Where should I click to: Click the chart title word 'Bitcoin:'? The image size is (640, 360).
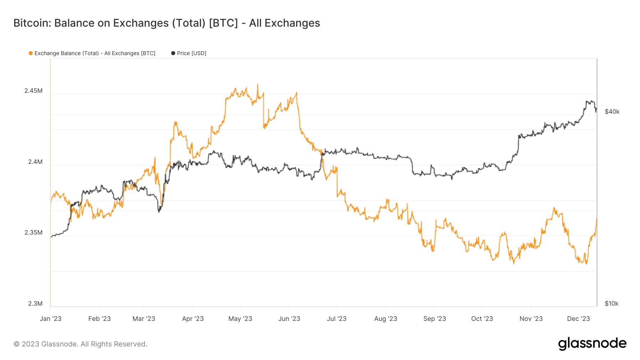tap(32, 23)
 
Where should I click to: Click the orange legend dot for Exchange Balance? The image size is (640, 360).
tap(31, 53)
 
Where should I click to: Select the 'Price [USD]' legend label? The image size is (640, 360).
tap(191, 53)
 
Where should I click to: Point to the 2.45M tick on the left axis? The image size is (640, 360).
tap(33, 91)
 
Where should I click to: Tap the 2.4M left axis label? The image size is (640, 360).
tap(35, 162)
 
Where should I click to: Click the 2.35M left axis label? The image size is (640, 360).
tap(33, 232)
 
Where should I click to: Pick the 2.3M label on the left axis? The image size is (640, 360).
tap(35, 303)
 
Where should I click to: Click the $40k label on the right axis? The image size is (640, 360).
tap(612, 112)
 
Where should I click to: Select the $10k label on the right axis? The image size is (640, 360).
tap(612, 303)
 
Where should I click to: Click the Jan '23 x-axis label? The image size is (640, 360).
tap(50, 319)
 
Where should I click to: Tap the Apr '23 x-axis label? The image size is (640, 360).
tap(193, 319)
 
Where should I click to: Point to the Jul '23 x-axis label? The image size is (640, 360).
tap(336, 319)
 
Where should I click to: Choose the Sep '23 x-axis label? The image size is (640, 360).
tap(434, 319)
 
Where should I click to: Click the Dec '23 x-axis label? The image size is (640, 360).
tap(578, 319)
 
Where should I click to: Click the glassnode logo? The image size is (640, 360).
tap(592, 344)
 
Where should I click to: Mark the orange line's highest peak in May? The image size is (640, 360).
tap(257, 85)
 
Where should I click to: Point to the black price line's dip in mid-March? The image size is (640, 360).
tap(159, 212)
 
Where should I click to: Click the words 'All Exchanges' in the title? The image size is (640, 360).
tap(284, 23)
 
